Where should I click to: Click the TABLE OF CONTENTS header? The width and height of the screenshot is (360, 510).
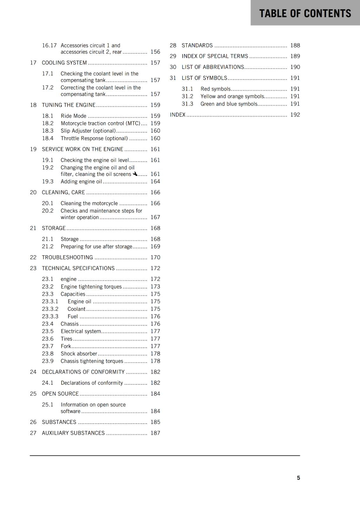pos(305,13)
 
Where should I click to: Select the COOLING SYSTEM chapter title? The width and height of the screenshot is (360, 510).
pos(64,63)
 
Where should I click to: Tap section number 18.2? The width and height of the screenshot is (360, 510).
pos(48,123)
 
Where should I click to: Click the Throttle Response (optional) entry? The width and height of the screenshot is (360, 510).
pos(94,138)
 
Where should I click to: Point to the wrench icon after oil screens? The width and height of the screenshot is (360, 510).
pos(135,174)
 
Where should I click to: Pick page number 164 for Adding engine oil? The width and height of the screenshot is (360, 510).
pos(155,181)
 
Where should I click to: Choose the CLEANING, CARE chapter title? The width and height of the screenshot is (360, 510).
pos(63,193)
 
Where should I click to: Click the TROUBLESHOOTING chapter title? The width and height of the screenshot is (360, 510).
pos(68,258)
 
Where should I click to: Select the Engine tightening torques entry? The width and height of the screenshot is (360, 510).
pos(91,287)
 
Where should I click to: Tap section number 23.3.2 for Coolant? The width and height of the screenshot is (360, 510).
pos(50,309)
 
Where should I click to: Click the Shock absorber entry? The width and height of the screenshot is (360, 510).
pos(79,353)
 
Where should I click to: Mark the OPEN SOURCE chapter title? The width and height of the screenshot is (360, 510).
pos(60,394)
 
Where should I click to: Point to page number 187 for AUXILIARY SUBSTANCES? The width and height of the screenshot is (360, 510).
pos(155,433)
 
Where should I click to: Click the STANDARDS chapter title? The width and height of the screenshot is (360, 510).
pos(197,46)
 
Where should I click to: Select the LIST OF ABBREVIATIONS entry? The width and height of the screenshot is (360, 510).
pos(213,67)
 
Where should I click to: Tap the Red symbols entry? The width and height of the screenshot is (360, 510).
pos(215,89)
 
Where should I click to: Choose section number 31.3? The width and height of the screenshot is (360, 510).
pos(187,104)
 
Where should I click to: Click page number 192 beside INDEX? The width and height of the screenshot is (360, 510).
pos(295,115)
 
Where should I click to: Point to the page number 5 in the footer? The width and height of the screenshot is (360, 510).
pos(299,478)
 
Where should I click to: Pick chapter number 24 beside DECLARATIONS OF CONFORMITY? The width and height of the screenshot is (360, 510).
pos(33,372)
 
